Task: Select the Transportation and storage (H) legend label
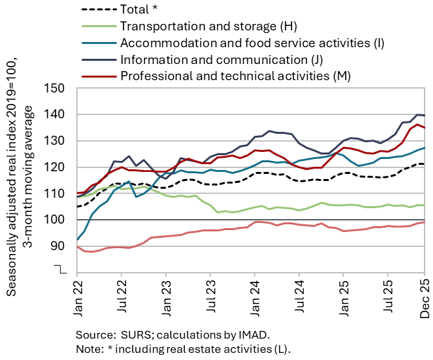pyautogui.click(x=207, y=26)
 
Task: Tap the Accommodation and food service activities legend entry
pyautogui.click(x=252, y=43)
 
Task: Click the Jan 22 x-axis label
pyautogui.click(x=78, y=297)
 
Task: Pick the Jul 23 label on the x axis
pyautogui.click(x=210, y=297)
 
